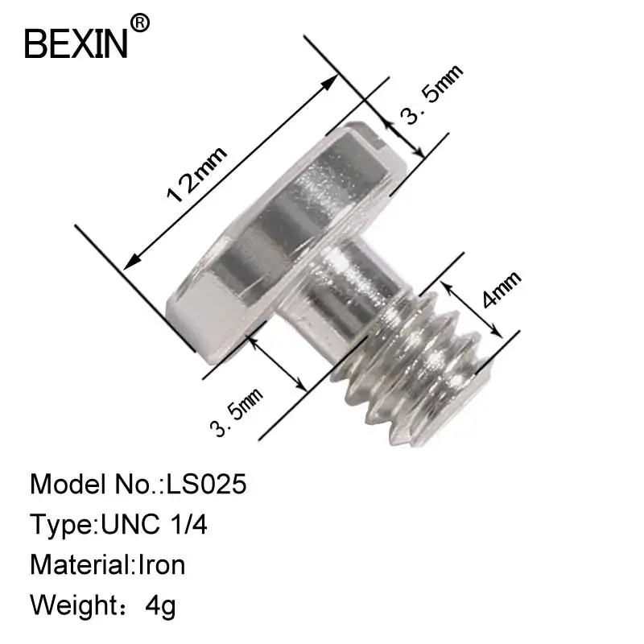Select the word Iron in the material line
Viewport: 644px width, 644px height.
coord(161,564)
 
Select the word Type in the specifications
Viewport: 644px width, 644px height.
coord(60,525)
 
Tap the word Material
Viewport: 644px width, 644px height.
coord(79,564)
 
